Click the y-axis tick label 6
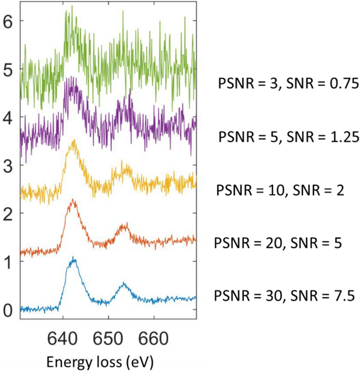click(8, 21)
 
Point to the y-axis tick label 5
click(8, 69)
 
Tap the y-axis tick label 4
click(8, 117)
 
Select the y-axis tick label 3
click(8, 166)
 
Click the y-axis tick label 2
click(8, 214)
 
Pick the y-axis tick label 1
click(8, 262)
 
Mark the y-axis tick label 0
click(8, 310)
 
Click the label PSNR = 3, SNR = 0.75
click(287, 83)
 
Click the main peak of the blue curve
click(74, 258)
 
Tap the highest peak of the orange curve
click(73, 200)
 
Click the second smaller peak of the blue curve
click(124, 284)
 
